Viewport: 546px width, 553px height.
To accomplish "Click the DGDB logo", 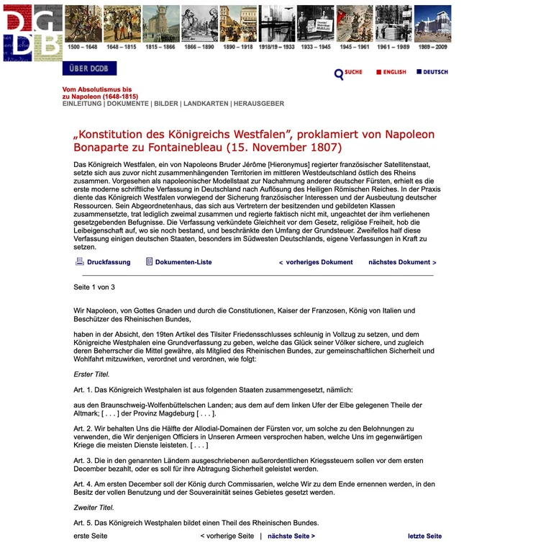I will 32,32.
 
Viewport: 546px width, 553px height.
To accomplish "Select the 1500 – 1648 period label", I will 82,47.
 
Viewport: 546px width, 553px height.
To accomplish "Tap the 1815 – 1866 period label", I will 160,47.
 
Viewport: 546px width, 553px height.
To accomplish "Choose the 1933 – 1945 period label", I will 316,47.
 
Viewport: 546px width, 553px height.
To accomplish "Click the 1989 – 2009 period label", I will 432,47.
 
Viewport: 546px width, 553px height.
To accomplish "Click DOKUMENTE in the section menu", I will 128,104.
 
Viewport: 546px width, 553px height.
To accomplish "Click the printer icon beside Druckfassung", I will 80,262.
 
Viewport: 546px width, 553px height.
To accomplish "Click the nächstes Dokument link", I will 402,262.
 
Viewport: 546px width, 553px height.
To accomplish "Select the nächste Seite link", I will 291,536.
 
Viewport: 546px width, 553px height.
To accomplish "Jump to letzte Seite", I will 424,536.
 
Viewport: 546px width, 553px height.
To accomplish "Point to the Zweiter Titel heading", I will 94,508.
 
